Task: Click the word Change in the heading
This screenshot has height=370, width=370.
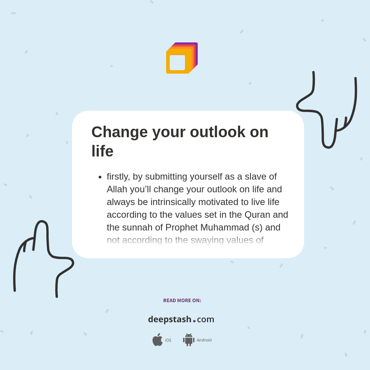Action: [119, 132]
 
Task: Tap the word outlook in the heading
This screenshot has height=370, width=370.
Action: [217, 132]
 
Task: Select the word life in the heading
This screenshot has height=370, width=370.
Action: [102, 151]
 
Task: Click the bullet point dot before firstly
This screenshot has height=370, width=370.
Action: [100, 177]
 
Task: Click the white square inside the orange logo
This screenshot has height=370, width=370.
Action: [177, 62]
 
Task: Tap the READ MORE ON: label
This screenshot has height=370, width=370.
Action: [182, 301]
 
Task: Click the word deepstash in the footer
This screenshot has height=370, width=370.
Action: [170, 320]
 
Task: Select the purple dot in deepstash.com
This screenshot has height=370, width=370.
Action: [194, 321]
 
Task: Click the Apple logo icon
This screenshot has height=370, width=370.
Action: [157, 340]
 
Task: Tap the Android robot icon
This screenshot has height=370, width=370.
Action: [188, 340]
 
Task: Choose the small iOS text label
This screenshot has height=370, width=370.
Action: [168, 340]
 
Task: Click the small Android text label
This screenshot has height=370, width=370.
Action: [204, 340]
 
